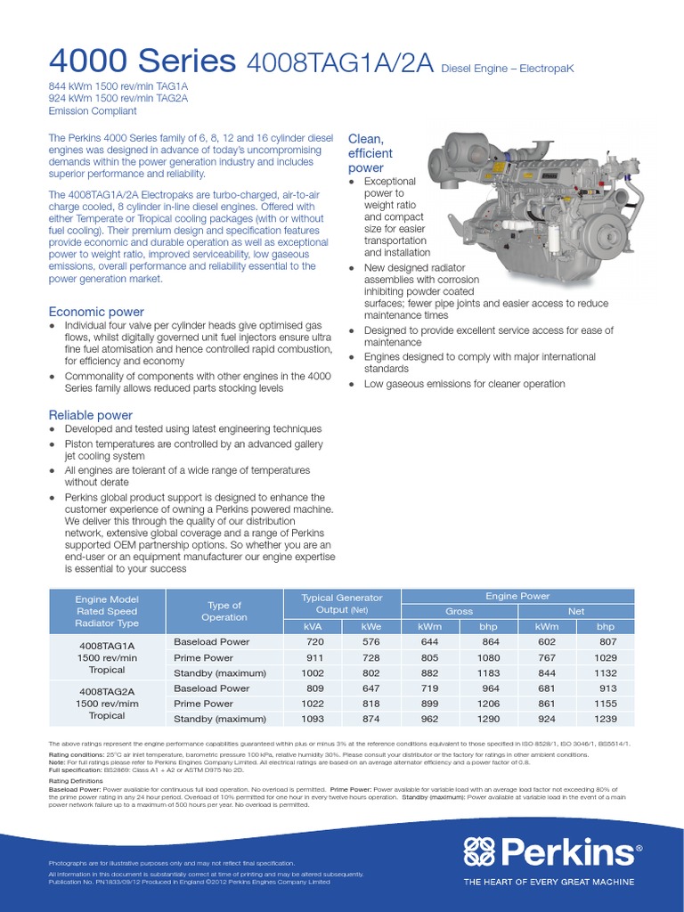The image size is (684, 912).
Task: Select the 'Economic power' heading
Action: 95,312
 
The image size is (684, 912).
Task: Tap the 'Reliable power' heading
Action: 90,415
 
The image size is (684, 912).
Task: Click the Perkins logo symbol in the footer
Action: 481,852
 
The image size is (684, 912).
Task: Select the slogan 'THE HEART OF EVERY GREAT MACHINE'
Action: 549,882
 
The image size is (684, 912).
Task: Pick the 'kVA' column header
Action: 312,626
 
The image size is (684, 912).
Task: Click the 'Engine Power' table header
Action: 517,596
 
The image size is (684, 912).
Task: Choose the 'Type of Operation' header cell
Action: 224,610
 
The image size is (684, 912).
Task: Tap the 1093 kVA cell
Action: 312,719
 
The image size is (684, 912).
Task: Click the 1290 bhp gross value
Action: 490,719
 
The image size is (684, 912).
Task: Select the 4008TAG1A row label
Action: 107,645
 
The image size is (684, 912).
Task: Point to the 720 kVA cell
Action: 312,641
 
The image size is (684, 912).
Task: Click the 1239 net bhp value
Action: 606,719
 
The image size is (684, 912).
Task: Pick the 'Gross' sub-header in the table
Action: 459,611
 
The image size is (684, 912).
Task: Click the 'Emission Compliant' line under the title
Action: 93,111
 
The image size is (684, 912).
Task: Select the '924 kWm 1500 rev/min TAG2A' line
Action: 118,99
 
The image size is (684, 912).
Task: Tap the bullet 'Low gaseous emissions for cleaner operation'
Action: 463,384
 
